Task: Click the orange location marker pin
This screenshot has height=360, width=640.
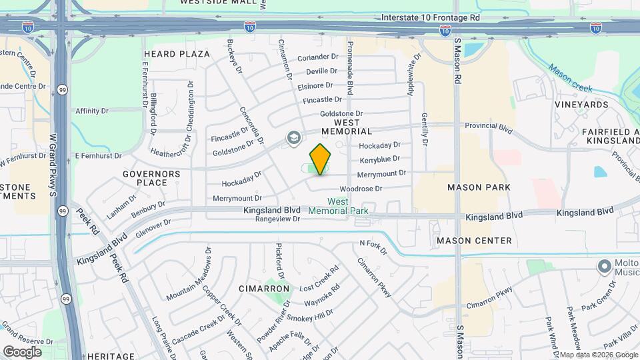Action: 320,159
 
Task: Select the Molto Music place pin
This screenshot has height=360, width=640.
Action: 605,267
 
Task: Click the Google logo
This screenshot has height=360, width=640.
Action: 22,351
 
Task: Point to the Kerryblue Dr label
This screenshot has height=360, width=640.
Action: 379,159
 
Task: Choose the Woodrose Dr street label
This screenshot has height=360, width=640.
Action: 361,189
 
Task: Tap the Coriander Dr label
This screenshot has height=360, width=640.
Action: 318,57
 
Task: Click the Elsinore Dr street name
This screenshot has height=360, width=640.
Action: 315,86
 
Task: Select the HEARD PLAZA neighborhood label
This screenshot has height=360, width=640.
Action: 177,54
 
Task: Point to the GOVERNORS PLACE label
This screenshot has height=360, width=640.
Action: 151,178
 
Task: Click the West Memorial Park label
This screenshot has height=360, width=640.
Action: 338,206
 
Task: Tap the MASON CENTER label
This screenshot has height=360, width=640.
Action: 474,241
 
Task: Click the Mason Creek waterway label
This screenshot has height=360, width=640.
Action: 571,77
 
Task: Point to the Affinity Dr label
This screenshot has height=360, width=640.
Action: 92,111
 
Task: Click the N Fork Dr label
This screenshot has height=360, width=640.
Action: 373,248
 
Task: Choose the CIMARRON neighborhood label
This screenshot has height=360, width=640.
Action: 264,289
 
